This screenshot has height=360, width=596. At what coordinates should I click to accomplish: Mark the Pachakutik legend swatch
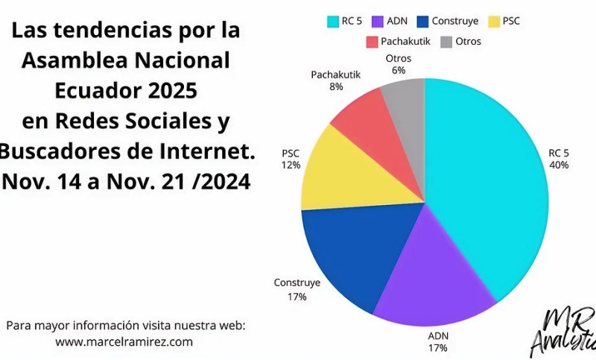(370, 41)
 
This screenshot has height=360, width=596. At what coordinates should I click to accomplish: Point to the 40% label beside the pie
(559, 165)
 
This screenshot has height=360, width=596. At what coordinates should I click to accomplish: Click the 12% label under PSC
(291, 165)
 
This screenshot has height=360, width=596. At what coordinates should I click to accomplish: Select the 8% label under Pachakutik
(336, 86)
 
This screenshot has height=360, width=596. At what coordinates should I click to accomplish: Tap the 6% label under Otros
(399, 70)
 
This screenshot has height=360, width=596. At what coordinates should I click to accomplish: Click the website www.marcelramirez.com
(124, 341)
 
